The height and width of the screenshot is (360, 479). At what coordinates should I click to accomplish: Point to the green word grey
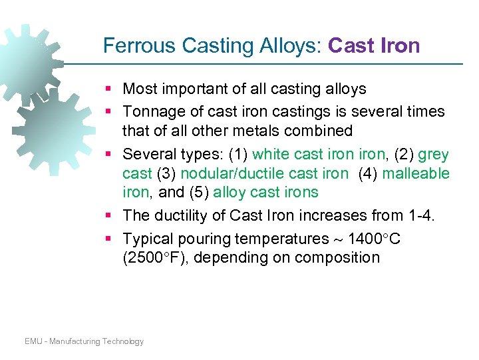tap(433, 154)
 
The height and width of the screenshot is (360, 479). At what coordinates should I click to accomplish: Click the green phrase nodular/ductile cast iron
tap(264, 173)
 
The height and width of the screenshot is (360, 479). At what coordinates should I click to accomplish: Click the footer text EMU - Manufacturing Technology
tap(84, 341)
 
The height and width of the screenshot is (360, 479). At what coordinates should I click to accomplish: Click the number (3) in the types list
tap(166, 173)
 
